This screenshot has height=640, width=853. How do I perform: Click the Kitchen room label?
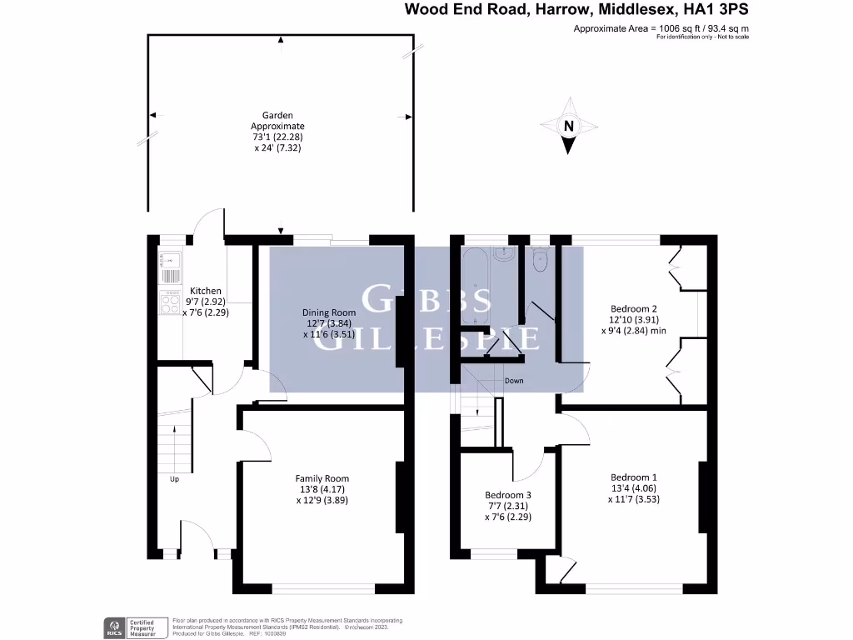coord(205,291)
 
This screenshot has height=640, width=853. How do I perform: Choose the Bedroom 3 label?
coord(508,494)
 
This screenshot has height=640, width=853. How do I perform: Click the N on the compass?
coord(568,127)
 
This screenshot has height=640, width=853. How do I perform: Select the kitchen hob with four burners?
coord(170,302)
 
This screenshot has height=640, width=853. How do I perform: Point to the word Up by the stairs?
coord(174,479)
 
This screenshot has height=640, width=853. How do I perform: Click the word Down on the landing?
coord(514,381)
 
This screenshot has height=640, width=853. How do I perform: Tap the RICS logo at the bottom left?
coord(112,626)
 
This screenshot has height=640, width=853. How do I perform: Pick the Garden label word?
coord(277,116)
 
